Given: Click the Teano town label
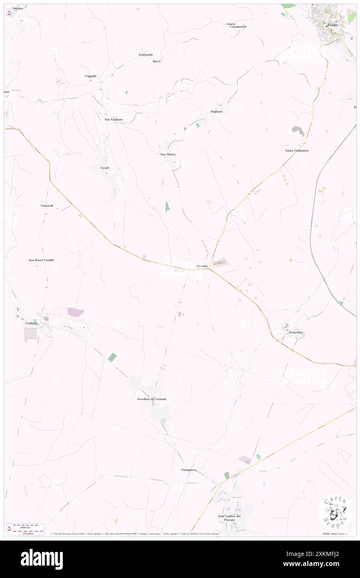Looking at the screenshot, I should click(333, 25).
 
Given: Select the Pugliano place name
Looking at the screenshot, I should click(216, 111).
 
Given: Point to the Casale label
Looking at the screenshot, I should click(104, 168).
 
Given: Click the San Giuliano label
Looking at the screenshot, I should click(113, 119).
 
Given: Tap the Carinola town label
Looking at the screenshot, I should click(32, 323).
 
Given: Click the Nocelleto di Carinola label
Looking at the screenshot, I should click(151, 399).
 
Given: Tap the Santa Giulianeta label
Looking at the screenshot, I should click(297, 150).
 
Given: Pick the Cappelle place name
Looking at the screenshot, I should click(91, 76).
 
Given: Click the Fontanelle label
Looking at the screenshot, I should click(146, 55).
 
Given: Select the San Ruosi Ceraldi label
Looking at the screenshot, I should click(41, 260).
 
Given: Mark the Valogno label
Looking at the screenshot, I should click(17, 8).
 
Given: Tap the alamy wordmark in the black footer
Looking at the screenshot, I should click(42, 559).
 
